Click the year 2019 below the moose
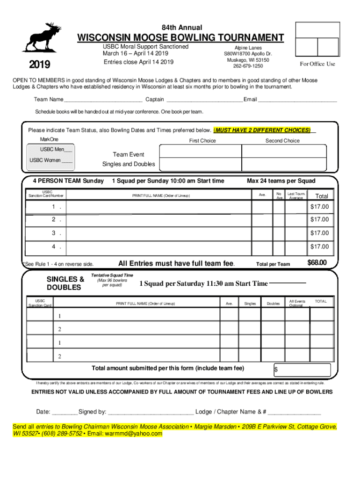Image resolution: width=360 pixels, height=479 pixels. point(40,65)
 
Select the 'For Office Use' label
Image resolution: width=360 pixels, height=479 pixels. point(317,64)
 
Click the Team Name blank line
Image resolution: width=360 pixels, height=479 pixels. point(103,100)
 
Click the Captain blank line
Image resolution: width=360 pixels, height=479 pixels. point(204,100)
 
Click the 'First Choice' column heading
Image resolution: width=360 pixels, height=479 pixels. point(202,141)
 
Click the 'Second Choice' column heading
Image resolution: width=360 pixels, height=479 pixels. point(282,141)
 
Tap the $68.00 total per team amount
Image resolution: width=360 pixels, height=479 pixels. point(317,263)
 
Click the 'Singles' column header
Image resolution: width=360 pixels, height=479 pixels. point(250,304)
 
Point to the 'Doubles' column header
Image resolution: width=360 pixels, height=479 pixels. point(273,304)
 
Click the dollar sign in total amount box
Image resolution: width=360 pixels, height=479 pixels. point(276,370)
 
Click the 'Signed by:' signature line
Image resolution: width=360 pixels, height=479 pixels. point(151,412)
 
